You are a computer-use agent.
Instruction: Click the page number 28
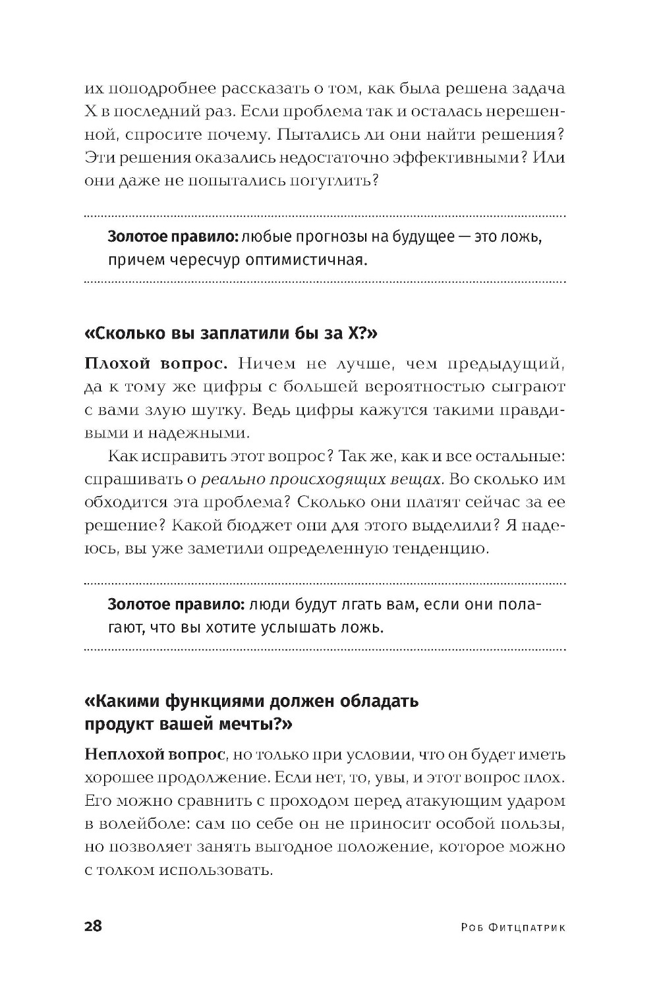(93, 926)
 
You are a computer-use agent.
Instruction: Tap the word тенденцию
(431, 548)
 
